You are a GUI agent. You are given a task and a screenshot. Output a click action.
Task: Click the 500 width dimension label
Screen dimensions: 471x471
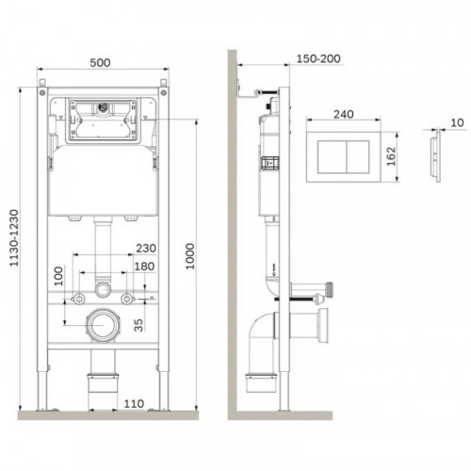tap(100, 62)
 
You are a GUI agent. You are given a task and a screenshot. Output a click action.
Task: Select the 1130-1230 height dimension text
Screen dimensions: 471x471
tap(14, 238)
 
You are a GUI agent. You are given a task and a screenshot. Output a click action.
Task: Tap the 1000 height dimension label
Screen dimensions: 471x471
tap(190, 256)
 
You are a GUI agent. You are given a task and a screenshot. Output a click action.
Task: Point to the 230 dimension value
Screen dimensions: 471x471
tap(146, 249)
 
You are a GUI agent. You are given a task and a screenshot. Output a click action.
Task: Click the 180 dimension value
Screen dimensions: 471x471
tap(144, 267)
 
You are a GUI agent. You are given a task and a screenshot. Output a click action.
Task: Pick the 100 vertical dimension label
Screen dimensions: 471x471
tap(58, 276)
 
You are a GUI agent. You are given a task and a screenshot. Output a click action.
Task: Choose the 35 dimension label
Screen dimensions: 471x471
tap(138, 325)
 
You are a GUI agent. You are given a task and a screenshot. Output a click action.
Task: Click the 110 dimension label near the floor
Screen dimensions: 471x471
tap(134, 404)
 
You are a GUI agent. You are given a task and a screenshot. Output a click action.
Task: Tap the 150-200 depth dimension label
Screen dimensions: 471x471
tap(318, 58)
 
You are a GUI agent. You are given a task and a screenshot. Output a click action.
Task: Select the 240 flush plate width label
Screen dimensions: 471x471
tap(344, 114)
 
